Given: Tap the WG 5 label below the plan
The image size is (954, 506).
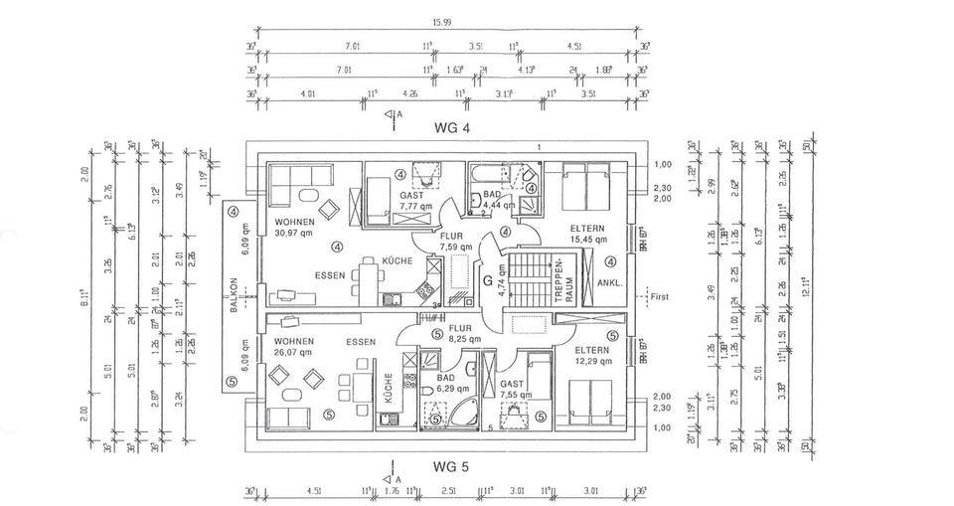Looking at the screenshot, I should pos(450,464).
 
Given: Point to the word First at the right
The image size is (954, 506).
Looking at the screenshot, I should pos(660,295).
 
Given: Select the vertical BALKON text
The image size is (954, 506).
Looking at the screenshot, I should pos(235,295).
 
